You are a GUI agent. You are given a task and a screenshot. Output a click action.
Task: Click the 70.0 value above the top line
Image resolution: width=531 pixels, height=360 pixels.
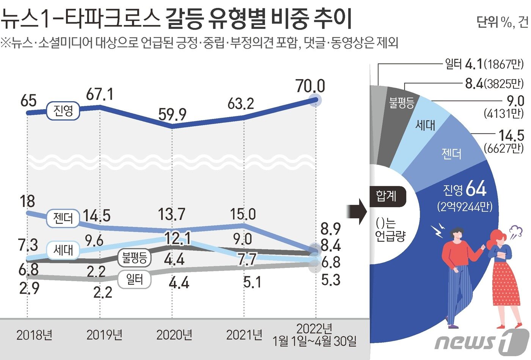[310, 86]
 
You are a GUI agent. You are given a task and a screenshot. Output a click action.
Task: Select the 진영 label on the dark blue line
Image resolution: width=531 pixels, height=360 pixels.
[63, 111]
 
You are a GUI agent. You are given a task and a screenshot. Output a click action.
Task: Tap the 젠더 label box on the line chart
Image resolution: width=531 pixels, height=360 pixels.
[63, 219]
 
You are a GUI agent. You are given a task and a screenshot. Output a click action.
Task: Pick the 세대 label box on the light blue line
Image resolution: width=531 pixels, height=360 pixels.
[63, 250]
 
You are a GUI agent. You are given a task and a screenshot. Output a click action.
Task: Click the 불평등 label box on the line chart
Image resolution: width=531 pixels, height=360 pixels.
[134, 258]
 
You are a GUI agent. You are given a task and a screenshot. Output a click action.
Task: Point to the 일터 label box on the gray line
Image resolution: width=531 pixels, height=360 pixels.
[134, 280]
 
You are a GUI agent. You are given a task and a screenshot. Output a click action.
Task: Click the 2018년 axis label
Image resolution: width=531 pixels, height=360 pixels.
[34, 335]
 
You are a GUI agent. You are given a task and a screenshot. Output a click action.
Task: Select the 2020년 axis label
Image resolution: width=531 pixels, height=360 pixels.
[174, 335]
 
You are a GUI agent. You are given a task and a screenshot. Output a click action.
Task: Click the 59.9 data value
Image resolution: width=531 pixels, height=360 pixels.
[172, 114]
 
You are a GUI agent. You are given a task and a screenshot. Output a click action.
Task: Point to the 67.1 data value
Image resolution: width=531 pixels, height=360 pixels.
[99, 94]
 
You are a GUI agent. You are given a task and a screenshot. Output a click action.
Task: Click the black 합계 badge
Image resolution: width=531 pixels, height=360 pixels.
[386, 196]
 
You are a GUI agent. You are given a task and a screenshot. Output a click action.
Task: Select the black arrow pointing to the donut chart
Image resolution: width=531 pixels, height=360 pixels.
[357, 215]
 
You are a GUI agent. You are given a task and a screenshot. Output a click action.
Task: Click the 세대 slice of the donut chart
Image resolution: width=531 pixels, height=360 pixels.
[425, 125]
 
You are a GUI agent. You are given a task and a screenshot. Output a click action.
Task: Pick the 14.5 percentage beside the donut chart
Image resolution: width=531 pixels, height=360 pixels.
[511, 135]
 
